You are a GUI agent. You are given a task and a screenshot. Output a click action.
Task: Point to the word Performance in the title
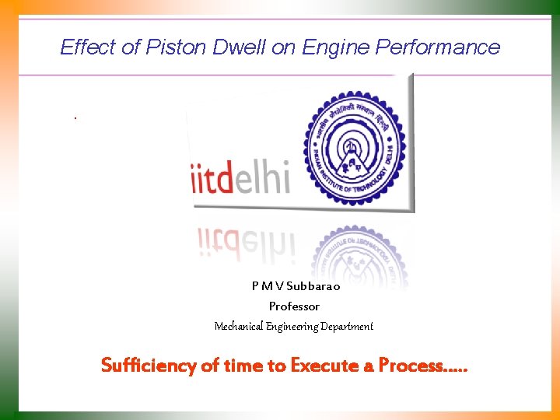point(438,47)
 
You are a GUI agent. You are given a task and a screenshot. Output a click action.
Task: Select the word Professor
point(294,306)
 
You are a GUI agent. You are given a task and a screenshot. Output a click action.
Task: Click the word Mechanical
point(239,327)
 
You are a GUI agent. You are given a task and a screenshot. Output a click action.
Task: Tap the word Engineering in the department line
point(299,327)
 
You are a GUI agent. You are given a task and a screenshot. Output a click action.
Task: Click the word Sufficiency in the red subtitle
point(149,365)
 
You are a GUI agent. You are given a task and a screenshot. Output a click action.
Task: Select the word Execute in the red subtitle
point(319,365)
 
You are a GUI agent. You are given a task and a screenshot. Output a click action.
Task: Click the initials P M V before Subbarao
point(268,285)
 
